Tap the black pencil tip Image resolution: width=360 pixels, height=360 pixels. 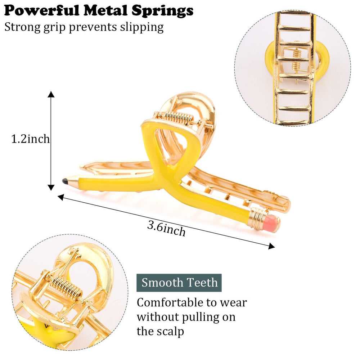pyautogui.click(x=65, y=181)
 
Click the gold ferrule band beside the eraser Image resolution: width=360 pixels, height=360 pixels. pyautogui.click(x=256, y=218)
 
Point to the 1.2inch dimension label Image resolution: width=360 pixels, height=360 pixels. pyautogui.click(x=30, y=139)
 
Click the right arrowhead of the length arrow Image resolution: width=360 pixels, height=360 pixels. pyautogui.click(x=271, y=246)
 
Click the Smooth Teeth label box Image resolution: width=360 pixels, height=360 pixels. pyautogui.click(x=179, y=283)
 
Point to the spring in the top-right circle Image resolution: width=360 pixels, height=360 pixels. pyautogui.click(x=297, y=60)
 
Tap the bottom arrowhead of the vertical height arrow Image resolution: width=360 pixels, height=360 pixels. pyautogui.click(x=51, y=188)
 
